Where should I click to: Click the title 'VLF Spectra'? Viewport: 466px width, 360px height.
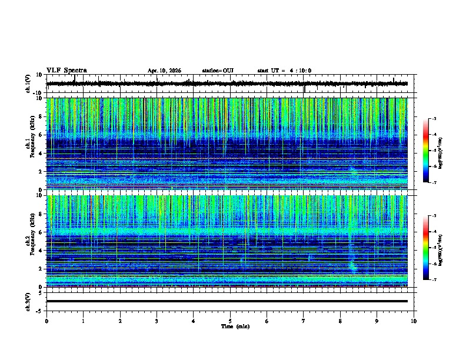tap(66, 71)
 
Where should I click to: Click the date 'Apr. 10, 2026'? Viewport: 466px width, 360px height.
tap(164, 71)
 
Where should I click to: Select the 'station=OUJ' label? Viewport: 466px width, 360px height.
tap(218, 71)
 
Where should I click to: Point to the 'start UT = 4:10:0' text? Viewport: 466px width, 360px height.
tap(284, 71)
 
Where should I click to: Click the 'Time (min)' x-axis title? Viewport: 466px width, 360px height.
tap(235, 326)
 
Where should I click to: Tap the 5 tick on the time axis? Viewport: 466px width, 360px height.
tap(230, 321)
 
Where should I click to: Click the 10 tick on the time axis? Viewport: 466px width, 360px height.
tap(414, 321)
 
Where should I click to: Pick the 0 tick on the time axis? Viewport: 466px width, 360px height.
tap(46, 321)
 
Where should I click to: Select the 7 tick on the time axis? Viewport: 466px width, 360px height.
tap(304, 321)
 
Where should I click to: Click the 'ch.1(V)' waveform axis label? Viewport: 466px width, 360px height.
tap(28, 84)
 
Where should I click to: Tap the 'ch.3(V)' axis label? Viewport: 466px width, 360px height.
tap(28, 301)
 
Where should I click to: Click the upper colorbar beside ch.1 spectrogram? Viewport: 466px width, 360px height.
tap(432, 151)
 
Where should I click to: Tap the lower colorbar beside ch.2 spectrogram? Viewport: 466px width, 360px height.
tap(432, 248)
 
